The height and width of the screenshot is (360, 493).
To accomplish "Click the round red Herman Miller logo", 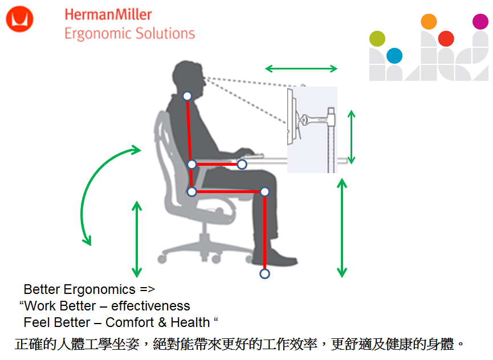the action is (19, 19).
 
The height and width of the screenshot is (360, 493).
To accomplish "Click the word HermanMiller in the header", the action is (108, 15).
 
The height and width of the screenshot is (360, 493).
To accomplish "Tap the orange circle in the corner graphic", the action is (429, 22).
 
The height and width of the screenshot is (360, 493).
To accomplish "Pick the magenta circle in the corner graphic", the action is (480, 22).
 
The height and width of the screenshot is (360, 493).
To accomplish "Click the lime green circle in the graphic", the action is (377, 39).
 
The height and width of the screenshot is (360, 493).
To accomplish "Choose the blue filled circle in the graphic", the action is (394, 56).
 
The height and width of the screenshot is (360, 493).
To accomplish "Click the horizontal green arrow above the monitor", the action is (301, 68).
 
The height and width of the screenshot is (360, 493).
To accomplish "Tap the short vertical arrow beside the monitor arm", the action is (352, 137).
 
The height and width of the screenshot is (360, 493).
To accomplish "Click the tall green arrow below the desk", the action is (342, 228).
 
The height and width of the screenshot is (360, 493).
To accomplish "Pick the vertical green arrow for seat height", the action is (137, 239).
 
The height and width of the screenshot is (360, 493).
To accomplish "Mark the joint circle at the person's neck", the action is (187, 96).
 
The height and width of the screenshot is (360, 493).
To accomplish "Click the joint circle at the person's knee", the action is (264, 191).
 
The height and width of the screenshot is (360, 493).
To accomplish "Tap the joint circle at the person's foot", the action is (264, 273).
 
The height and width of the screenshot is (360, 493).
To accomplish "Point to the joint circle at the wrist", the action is (242, 164).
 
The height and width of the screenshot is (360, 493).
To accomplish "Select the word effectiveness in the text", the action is (150, 306).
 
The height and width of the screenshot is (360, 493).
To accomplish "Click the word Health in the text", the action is (190, 322).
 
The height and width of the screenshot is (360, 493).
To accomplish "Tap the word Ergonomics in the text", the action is (99, 290).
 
